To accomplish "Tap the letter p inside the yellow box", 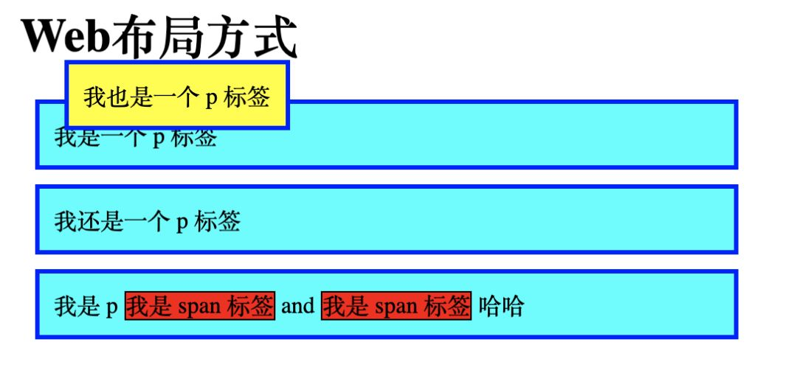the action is (210, 99).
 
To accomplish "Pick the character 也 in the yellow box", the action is (118, 97).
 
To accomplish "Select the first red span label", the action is (200, 305).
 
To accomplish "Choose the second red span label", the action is (396, 305).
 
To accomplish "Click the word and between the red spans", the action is (298, 305).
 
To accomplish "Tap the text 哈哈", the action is (501, 305).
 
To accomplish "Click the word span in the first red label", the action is (199, 306).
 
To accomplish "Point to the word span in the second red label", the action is (396, 306).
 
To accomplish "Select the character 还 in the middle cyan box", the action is (88, 220).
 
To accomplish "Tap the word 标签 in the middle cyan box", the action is (218, 220).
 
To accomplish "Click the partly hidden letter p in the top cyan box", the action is (158, 139).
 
